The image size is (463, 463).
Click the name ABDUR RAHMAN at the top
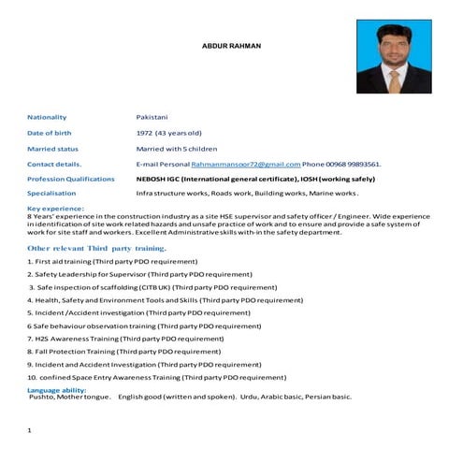point(232,46)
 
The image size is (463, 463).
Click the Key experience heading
point(56,208)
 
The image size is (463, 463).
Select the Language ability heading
point(57,388)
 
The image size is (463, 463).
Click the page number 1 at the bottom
point(30,430)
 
